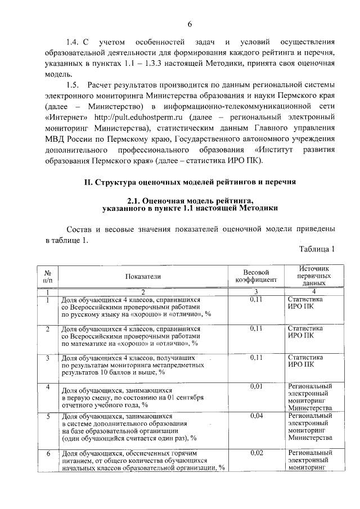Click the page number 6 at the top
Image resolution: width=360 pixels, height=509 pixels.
190,24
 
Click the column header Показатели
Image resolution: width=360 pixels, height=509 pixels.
143,276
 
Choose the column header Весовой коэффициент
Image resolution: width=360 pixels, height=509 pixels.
256,276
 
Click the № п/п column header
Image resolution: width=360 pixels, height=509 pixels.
48,276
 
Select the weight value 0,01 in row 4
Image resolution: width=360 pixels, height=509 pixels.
256,386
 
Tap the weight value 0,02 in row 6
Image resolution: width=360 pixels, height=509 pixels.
256,452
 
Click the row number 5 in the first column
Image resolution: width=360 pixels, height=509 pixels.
48,416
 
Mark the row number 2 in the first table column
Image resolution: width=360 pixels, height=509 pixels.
48,328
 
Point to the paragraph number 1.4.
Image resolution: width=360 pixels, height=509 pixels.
73,42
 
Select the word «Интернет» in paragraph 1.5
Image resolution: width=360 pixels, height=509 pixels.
66,117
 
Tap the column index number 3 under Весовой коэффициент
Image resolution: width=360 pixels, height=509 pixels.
256,291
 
